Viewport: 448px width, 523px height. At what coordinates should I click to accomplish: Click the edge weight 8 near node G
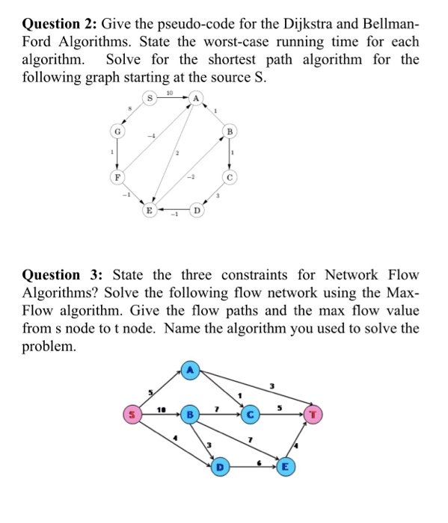pyautogui.click(x=129, y=109)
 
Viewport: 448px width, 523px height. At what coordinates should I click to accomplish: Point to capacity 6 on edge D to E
pyautogui.click(x=260, y=462)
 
